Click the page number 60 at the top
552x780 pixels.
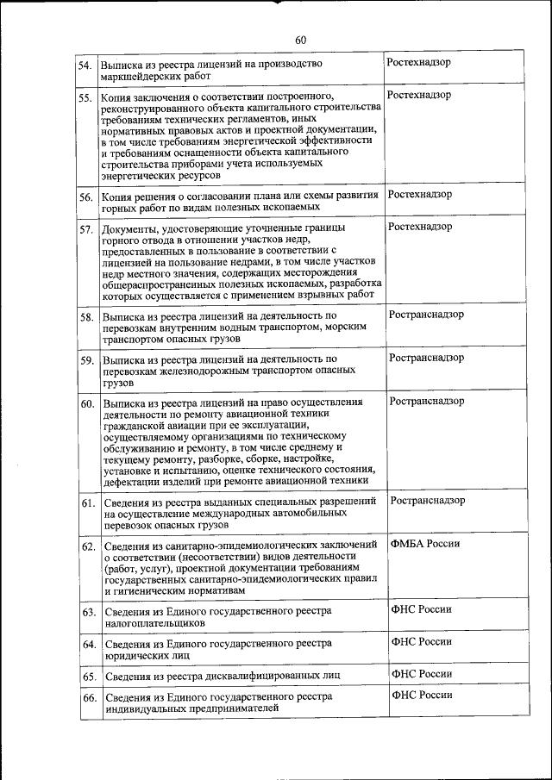pos(300,40)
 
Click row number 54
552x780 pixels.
pos(85,66)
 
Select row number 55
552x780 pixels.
pos(85,97)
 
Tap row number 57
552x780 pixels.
pos(86,230)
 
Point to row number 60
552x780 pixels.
pos(87,403)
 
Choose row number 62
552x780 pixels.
pos(88,546)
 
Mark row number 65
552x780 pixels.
pos(89,675)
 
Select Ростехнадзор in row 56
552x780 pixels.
pos(420,195)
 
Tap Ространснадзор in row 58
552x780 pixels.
pos(426,314)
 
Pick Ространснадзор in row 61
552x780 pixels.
pos(428,500)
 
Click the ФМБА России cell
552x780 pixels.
pos(425,543)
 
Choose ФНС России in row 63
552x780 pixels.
pos(422,609)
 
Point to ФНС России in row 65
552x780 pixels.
pos(422,673)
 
